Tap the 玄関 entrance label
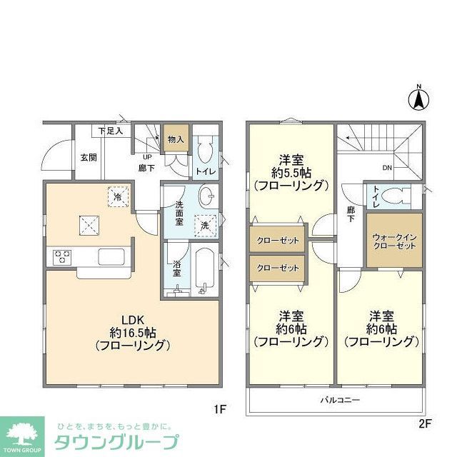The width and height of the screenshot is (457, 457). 88,157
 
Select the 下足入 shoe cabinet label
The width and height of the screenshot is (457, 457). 111,131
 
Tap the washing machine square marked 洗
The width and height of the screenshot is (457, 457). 205,224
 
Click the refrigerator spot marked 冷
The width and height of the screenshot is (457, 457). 116,195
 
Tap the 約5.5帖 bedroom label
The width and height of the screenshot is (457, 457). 291,172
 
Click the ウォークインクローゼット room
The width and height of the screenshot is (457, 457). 394,241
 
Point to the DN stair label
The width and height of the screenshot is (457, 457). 386,169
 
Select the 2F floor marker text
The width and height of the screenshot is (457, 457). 425,423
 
